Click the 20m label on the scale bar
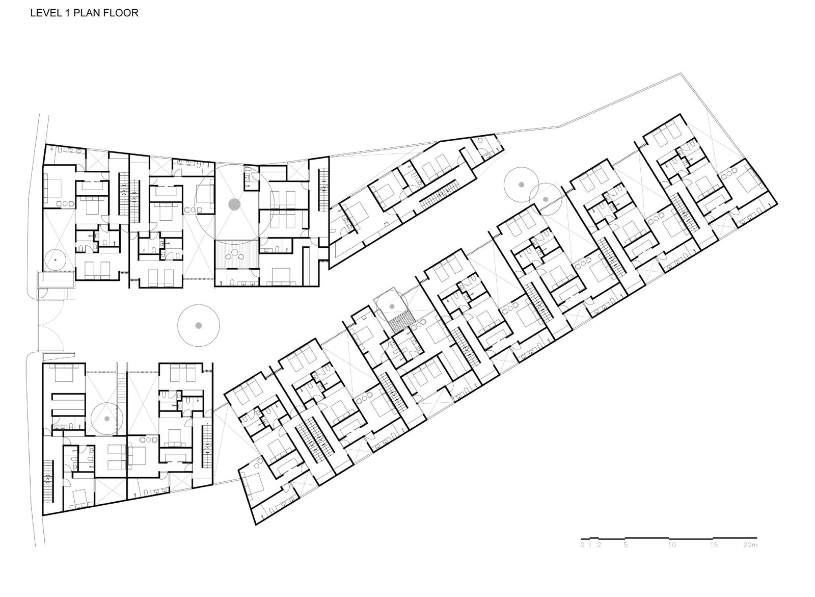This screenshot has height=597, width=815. pyautogui.click(x=750, y=555)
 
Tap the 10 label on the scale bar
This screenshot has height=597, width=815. pyautogui.click(x=672, y=555)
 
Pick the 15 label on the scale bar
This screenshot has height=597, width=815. pyautogui.click(x=714, y=555)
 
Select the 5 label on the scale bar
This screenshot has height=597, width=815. pyautogui.click(x=626, y=555)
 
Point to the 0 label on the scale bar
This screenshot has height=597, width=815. pyautogui.click(x=582, y=555)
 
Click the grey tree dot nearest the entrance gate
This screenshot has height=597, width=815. pyautogui.click(x=198, y=325)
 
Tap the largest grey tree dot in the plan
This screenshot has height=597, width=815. pyautogui.click(x=234, y=204)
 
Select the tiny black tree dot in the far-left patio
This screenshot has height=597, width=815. pyautogui.click(x=55, y=259)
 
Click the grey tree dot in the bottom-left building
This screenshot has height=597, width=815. pyautogui.click(x=107, y=419)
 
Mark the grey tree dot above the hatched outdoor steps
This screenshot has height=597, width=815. pyautogui.click(x=392, y=306)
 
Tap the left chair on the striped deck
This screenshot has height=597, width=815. pyautogui.click(x=229, y=256)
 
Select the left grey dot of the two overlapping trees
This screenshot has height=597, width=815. pyautogui.click(x=521, y=185)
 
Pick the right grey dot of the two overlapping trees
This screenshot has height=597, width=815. pyautogui.click(x=546, y=199)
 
